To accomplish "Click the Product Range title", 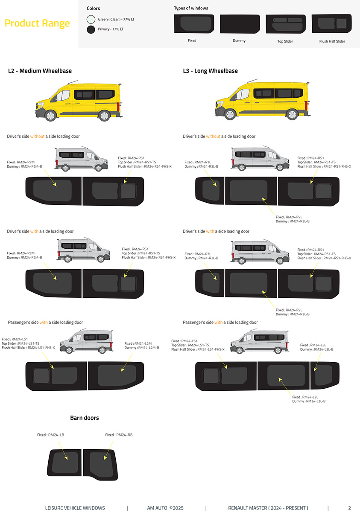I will tap(37, 23).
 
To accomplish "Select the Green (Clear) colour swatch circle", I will tap(91, 19).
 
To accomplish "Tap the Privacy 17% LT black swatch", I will tap(91, 29).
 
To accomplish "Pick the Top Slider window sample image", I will tap(285, 24).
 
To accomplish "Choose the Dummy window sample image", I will tap(240, 24).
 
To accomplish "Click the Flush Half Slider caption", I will tap(332, 41).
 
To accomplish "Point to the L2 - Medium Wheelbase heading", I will tap(40, 71).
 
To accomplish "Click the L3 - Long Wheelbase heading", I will tap(210, 71).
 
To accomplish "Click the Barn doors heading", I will tap(84, 418).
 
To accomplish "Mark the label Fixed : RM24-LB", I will tap(50, 435).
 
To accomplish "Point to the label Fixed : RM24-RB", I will tap(119, 435).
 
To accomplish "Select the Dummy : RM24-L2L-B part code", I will tap(309, 401).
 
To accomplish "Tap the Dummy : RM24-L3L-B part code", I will tap(317, 349).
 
